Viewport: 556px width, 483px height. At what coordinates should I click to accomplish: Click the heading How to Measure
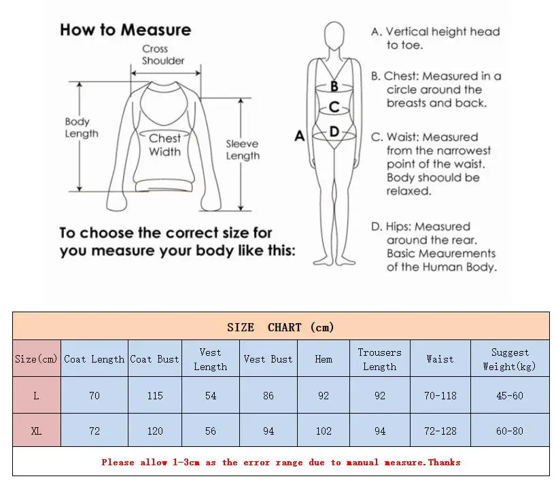[x=125, y=30]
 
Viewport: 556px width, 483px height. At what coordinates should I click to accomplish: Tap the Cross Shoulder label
[x=163, y=55]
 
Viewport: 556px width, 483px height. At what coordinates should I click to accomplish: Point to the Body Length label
[x=82, y=128]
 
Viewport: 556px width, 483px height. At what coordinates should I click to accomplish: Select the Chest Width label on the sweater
[x=164, y=145]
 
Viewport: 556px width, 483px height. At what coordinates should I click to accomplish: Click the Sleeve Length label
[x=243, y=150]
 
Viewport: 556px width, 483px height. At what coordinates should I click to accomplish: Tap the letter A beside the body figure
[x=299, y=136]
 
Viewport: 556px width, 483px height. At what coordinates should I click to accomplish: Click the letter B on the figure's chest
[x=334, y=86]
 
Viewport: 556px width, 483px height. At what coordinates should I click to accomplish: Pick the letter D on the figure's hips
[x=334, y=132]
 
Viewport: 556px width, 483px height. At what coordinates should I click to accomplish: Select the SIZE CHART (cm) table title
[x=281, y=327]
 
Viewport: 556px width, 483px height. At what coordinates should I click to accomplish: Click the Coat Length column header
[x=94, y=359]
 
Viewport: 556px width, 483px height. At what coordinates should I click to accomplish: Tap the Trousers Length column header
[x=379, y=359]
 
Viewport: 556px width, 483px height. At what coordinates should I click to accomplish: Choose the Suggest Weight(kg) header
[x=510, y=359]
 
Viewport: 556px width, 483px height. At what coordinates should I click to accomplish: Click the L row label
[x=37, y=395]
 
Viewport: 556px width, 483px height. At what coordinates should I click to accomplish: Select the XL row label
[x=37, y=431]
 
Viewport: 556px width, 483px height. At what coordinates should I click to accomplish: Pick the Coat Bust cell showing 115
[x=155, y=395]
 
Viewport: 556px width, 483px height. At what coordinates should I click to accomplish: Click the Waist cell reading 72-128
[x=440, y=431]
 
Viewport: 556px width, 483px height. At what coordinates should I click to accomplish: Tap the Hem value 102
[x=324, y=431]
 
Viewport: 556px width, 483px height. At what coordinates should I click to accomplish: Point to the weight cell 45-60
[x=510, y=395]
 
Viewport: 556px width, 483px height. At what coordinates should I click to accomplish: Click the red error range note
[x=281, y=463]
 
